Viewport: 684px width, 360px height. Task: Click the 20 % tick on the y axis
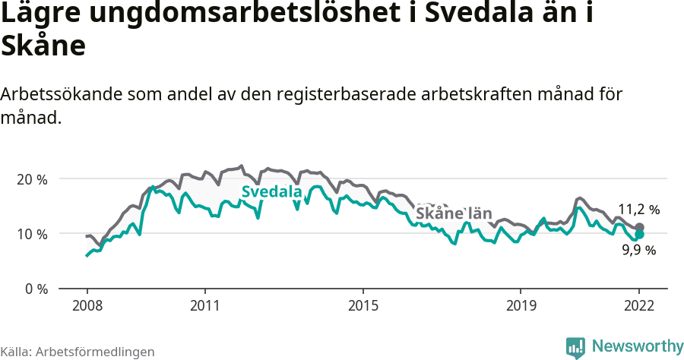coord(32,179)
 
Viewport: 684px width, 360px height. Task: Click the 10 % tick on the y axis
coord(32,234)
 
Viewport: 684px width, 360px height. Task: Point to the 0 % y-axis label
coord(35,289)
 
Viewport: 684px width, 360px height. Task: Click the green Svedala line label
coord(271,192)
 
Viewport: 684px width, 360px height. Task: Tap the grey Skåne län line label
coord(453,213)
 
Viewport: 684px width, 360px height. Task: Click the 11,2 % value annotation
coord(638,209)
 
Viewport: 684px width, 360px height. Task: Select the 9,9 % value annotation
coord(638,250)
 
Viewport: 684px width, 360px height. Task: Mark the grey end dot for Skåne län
coord(640,227)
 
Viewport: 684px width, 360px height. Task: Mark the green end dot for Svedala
coord(640,235)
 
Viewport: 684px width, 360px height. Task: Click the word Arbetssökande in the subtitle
coord(62,94)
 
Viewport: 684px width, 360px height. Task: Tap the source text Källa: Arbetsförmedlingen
coord(78,352)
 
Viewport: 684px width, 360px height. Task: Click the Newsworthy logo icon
coord(575,347)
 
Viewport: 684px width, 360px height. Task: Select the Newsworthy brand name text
coord(637,346)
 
